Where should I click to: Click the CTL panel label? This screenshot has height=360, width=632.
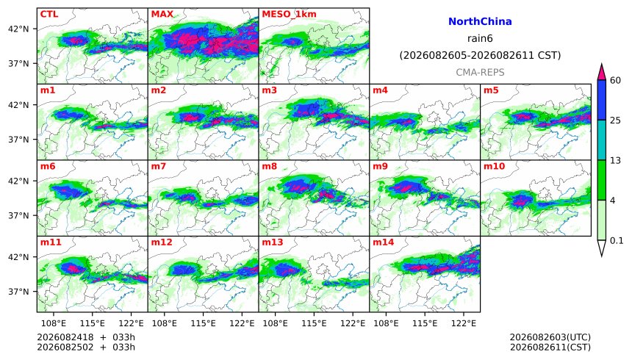coord(49,14)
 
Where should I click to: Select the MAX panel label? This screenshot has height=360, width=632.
coord(162,14)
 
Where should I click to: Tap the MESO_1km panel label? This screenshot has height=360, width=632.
coord(289,14)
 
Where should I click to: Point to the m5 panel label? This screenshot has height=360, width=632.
coord(491,90)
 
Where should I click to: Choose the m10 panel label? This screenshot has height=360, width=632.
coord(494,166)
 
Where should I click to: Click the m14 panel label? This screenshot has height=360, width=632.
coord(383,242)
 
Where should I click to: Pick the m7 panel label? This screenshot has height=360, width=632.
coord(159,166)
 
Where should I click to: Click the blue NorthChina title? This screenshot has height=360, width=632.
coord(480,21)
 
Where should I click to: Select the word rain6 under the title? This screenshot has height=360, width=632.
coord(480,39)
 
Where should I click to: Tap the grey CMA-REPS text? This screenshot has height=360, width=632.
coord(480,72)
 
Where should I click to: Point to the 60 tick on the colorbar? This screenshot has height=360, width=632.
coord(615,80)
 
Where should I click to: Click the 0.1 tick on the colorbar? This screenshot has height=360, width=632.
coord(617,241)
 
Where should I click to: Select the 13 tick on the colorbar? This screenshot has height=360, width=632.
coord(615,160)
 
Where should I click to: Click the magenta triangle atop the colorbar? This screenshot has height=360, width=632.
coord(601,72)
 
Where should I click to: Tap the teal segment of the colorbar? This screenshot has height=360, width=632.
coord(601,140)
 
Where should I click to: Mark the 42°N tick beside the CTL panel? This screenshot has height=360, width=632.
coord(18,29)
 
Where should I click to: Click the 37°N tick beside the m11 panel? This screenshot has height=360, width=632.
coord(18,292)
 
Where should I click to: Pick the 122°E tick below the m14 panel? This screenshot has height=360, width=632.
coord(464,323)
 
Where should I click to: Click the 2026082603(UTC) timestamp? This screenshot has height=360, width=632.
coord(550,337)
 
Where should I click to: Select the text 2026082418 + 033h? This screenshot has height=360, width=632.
coord(86,337)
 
